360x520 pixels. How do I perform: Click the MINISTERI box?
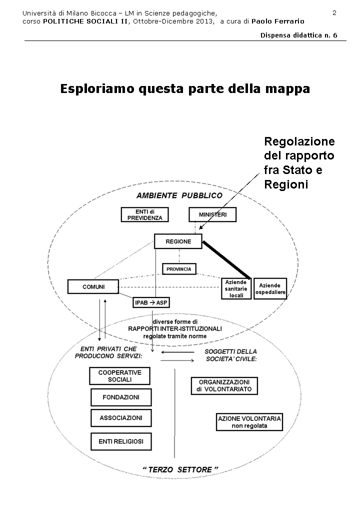coord(212,214)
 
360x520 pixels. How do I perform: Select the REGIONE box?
coord(178,241)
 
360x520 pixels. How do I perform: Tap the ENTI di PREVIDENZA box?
coord(144,214)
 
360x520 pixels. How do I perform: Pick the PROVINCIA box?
coord(179,269)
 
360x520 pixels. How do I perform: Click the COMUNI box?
coord(93,286)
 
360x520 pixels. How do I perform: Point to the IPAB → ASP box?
coord(150,302)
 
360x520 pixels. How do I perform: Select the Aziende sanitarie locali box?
coord(236,288)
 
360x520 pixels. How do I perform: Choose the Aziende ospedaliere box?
coord(270,288)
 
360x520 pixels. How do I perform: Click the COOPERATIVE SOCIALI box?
coord(119,376)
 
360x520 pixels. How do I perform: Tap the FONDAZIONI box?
coord(120,397)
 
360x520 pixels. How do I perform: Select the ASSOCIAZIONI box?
coord(120,418)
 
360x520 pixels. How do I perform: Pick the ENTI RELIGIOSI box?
coord(120,441)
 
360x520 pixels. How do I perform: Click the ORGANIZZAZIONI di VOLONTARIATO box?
coord(224,385)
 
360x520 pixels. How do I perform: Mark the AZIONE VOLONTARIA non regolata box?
coord(249,422)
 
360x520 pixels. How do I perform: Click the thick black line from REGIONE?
coord(226,258)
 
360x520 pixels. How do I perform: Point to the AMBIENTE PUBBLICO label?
coord(179,195)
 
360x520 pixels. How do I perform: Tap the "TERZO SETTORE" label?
coord(180,469)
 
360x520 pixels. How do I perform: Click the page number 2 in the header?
coord(334,12)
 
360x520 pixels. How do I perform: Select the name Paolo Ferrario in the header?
coord(277,21)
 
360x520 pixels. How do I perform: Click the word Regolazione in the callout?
coord(299,141)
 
